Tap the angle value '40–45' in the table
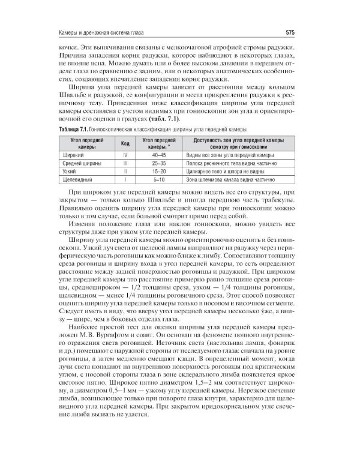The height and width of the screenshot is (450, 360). (x=159, y=155)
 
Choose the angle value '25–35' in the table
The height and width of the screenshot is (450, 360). (x=159, y=163)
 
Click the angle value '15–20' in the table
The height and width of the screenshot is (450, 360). (x=159, y=171)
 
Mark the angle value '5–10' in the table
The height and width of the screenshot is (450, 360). (x=159, y=179)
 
